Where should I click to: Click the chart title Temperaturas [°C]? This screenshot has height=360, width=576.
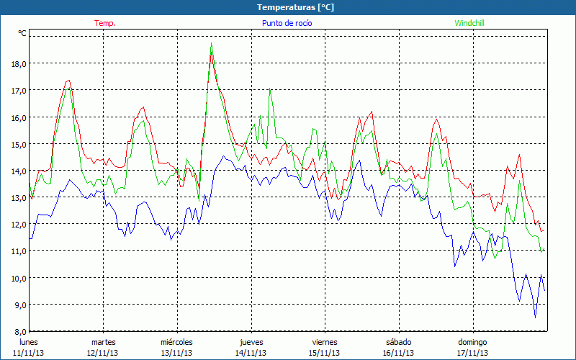295,6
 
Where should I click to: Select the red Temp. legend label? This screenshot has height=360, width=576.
105,23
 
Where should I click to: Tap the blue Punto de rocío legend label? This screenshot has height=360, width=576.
287,23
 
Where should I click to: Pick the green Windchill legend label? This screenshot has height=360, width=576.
469,23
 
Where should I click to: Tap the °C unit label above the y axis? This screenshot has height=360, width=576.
22,33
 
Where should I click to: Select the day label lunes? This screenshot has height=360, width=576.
29,341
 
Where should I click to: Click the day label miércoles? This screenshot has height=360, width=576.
176,341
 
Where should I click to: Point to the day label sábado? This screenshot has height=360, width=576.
398,341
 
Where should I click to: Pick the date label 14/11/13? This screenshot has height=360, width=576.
251,353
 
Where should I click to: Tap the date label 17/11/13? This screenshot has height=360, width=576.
473,353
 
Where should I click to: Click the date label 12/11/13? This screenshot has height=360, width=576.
103,353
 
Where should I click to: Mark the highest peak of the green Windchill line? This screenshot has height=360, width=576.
211,44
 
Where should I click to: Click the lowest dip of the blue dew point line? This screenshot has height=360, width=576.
535,317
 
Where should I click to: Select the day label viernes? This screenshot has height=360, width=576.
325,341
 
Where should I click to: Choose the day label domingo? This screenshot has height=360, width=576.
473,341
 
